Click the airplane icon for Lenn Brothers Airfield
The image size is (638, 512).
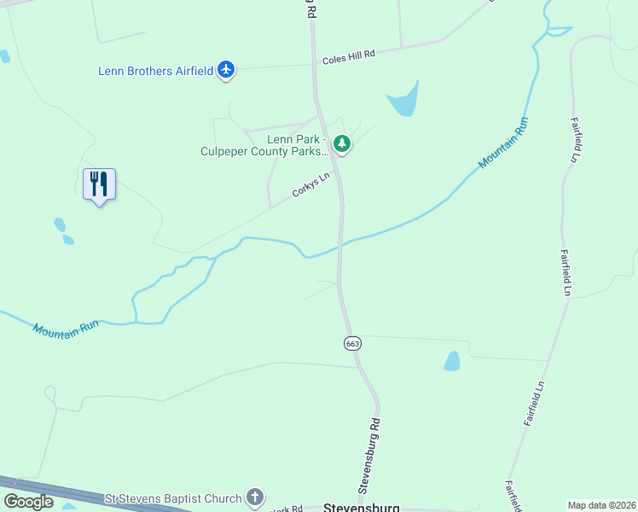[x=226, y=70]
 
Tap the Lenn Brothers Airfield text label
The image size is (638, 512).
[x=155, y=71]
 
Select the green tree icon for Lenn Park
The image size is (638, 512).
[x=342, y=144]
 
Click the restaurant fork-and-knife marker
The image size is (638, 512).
[x=99, y=184]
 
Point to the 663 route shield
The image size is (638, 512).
[x=352, y=343]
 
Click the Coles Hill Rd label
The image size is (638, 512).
[x=349, y=57]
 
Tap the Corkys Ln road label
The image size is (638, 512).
[x=310, y=186]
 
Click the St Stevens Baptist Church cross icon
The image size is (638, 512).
[x=254, y=497]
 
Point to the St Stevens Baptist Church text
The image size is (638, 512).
[x=173, y=497]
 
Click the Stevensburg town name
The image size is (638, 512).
[x=361, y=507]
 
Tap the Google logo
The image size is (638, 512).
[x=28, y=501]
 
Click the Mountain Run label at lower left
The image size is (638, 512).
[x=67, y=326]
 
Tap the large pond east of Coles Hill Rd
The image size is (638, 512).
[x=404, y=102]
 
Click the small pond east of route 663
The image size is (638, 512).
[x=452, y=361]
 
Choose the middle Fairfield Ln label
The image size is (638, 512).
[x=565, y=271]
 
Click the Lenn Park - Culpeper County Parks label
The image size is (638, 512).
[x=263, y=145]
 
